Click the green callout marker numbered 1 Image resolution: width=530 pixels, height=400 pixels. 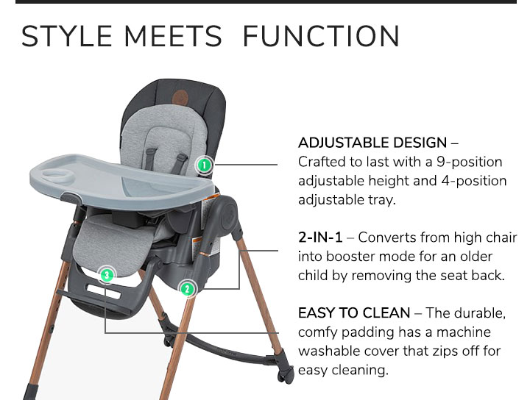pyautogui.click(x=205, y=165)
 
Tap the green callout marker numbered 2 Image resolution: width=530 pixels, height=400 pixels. pyautogui.click(x=188, y=289)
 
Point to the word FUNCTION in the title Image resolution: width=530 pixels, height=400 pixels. pyautogui.click(x=321, y=36)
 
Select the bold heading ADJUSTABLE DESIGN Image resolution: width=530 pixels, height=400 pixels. pyautogui.click(x=372, y=143)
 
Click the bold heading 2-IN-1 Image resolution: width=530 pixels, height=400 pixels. pyautogui.click(x=320, y=238)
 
